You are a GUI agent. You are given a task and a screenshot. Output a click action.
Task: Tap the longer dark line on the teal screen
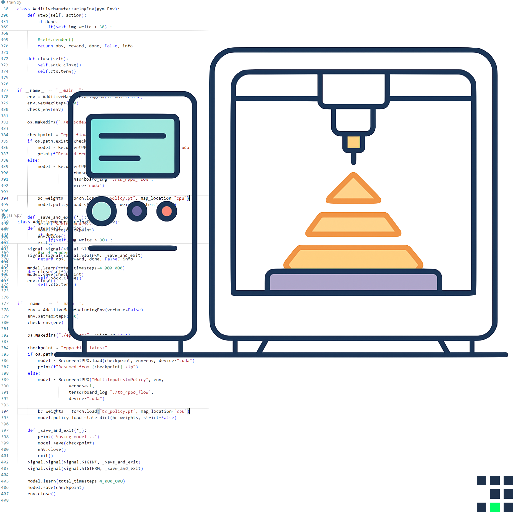pos(132,136)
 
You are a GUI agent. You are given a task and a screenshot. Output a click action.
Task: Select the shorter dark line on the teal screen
pos(120,159)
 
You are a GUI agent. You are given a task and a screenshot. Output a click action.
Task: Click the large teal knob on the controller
pos(101,211)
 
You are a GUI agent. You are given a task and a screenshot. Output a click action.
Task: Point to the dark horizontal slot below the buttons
pos(132,248)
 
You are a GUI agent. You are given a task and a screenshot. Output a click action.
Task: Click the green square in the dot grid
pos(495,507)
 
